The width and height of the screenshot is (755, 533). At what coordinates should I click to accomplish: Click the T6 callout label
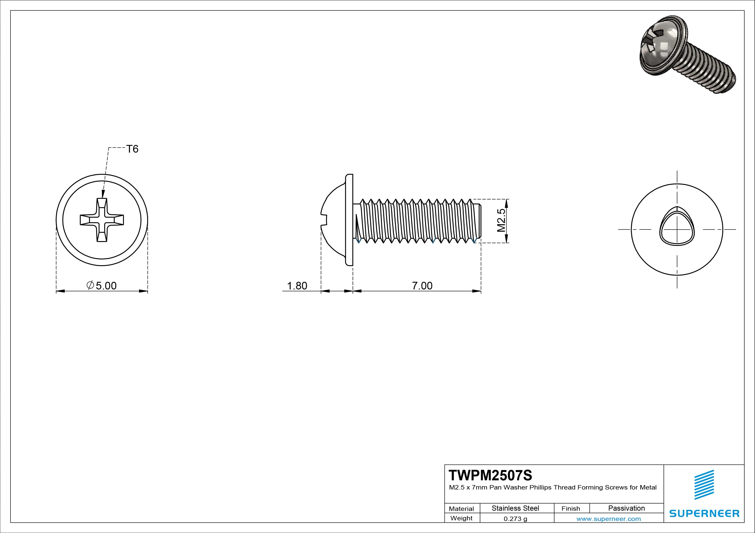click(x=132, y=149)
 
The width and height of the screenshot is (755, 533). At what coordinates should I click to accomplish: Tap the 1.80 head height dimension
click(x=297, y=286)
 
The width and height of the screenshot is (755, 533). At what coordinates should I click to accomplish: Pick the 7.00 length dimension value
click(x=422, y=286)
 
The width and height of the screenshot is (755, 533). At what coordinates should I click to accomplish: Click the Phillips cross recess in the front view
click(x=102, y=220)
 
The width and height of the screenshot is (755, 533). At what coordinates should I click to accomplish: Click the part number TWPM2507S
click(x=490, y=476)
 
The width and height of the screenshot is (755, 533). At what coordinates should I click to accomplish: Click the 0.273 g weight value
click(x=515, y=519)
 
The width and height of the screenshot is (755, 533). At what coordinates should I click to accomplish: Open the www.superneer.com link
click(x=608, y=519)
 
